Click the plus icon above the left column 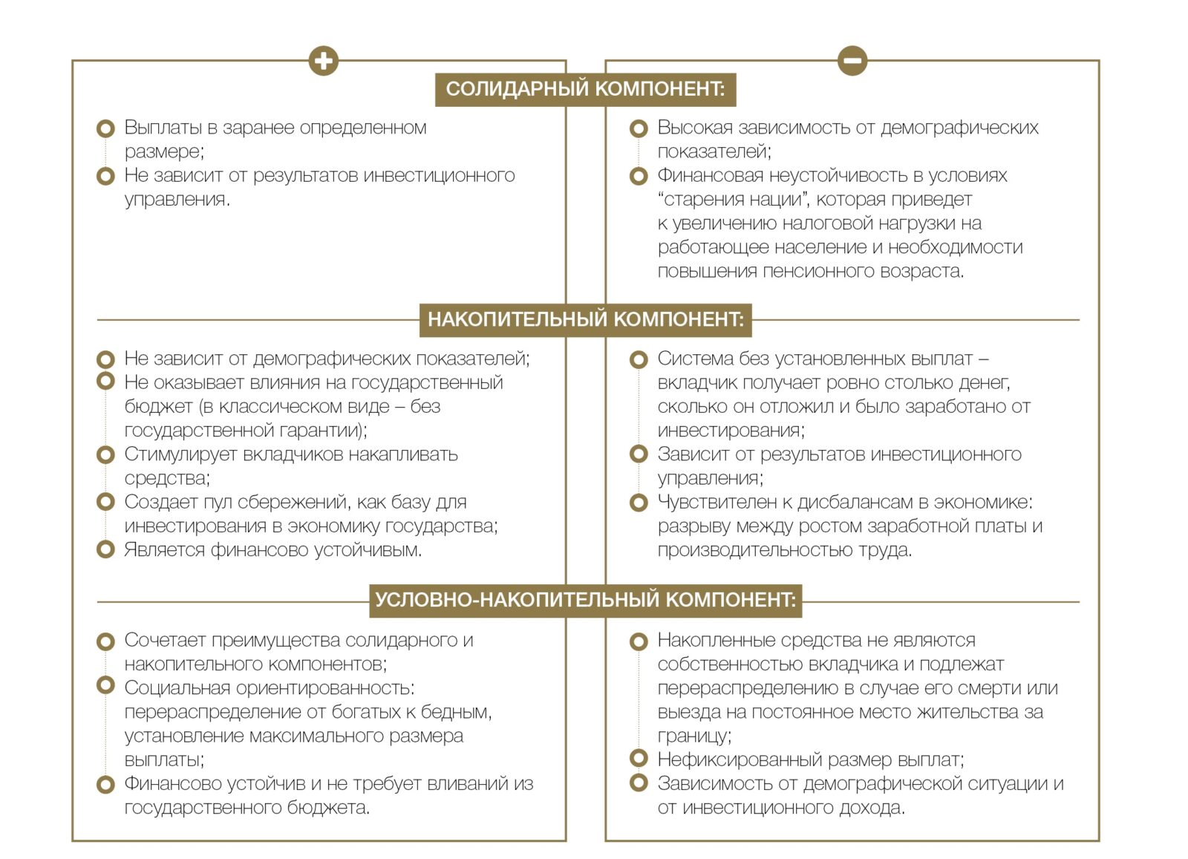pyautogui.click(x=323, y=60)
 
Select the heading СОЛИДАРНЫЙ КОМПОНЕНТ pyautogui.click(x=585, y=89)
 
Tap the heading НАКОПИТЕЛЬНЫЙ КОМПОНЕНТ pyautogui.click(x=585, y=320)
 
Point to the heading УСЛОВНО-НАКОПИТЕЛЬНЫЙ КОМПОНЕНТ pyautogui.click(x=585, y=600)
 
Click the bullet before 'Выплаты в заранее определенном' pyautogui.click(x=106, y=128)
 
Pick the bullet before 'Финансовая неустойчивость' pyautogui.click(x=638, y=177)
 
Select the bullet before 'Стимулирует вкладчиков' pyautogui.click(x=106, y=454)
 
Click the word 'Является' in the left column pyautogui.click(x=164, y=550)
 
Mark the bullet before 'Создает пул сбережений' pyautogui.click(x=106, y=502)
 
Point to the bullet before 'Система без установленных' pyautogui.click(x=638, y=359)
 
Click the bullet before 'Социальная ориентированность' pyautogui.click(x=106, y=685)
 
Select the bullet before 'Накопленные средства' pyautogui.click(x=638, y=641)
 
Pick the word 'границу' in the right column pyautogui.click(x=693, y=736)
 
